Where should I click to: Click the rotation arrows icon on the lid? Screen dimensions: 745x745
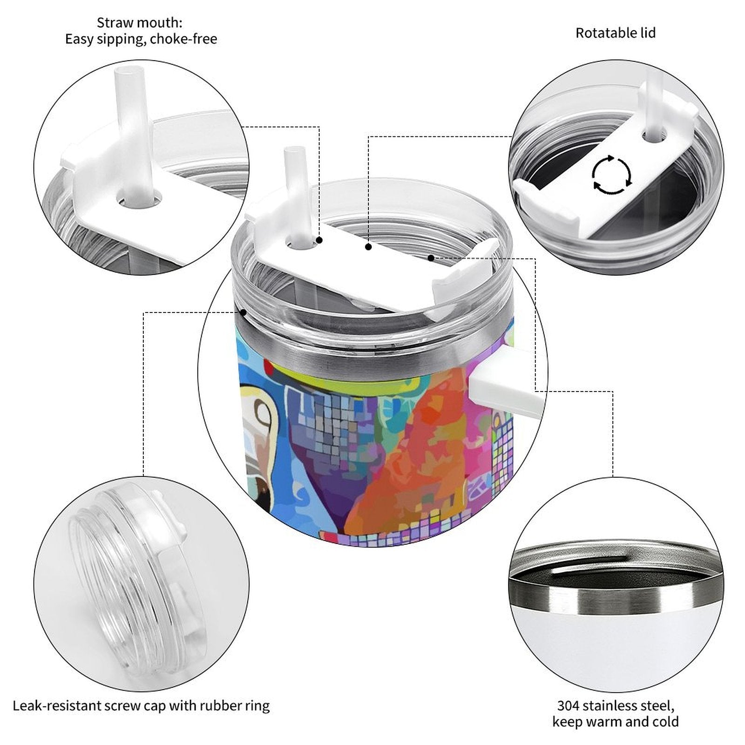[x=612, y=175]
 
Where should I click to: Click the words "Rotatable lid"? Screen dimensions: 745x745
[x=616, y=33]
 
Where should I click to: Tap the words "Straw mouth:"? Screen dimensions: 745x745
[x=140, y=22]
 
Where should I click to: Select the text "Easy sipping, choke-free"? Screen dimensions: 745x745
[x=141, y=39]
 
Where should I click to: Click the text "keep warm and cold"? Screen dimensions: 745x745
[x=616, y=722]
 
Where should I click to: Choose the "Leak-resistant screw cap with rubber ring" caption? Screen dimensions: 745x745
[x=141, y=706]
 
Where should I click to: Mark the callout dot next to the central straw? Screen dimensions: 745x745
[x=319, y=240]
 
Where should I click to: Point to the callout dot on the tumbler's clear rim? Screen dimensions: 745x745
[x=243, y=312]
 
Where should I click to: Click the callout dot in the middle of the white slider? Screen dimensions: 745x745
[x=368, y=247]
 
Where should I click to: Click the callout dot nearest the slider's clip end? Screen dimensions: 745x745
[x=431, y=257]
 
